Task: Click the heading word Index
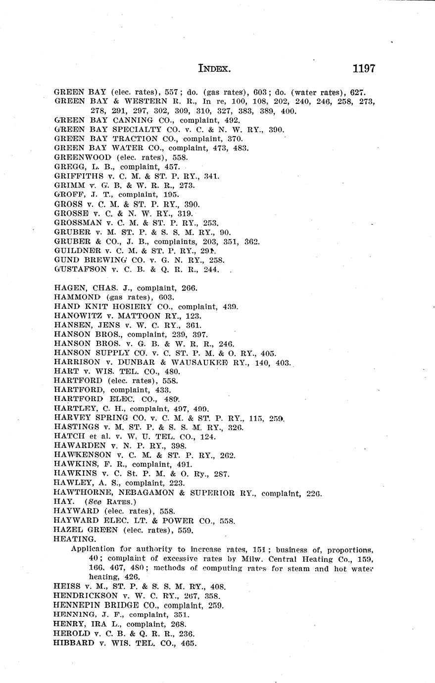pyautogui.click(x=214, y=69)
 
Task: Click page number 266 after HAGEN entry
pyautogui.click(x=190, y=288)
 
